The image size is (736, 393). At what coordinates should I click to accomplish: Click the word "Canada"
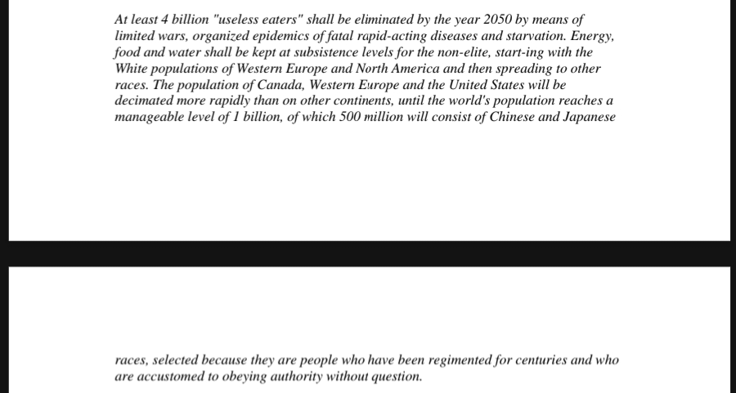(278, 85)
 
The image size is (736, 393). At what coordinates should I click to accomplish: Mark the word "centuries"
(532, 360)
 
